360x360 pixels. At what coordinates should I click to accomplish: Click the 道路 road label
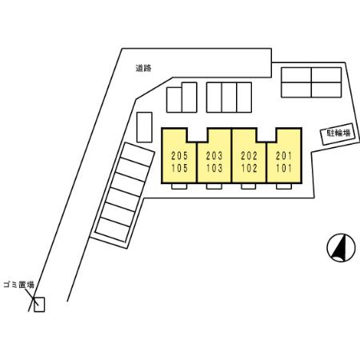[x=143, y=68]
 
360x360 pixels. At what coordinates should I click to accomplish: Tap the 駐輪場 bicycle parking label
[x=338, y=133]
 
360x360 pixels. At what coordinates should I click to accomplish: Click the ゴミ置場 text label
[x=19, y=285]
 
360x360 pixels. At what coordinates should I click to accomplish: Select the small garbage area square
[x=39, y=304]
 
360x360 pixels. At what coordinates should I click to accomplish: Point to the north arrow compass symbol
[x=341, y=247]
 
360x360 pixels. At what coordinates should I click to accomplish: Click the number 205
[x=179, y=155]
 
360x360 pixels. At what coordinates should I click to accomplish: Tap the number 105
[x=179, y=168]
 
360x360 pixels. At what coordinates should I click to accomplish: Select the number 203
[x=214, y=155]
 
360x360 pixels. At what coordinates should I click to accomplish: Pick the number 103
[x=214, y=168]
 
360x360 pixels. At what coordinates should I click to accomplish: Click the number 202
[x=249, y=155]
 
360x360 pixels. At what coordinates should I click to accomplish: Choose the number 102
[x=249, y=168]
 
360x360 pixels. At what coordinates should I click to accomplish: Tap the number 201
[x=284, y=155]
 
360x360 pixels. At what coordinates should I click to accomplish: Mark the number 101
[x=284, y=168]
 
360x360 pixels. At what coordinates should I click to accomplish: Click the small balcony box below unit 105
[x=179, y=186]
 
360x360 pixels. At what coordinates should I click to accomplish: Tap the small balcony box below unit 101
[x=284, y=186]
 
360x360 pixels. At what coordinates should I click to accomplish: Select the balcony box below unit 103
[x=214, y=186]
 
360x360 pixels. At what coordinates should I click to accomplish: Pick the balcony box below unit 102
[x=249, y=186]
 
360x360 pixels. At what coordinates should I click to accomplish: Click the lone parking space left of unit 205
[x=144, y=127]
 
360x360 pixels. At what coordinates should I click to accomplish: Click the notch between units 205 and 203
[x=198, y=135]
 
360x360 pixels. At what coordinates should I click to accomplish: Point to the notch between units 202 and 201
[x=266, y=135]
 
